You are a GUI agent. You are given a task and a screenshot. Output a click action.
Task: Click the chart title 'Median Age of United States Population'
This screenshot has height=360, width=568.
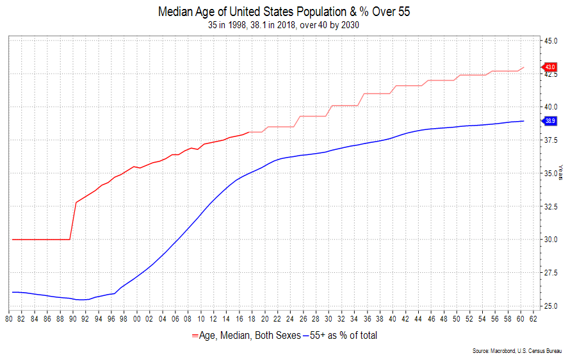point(284,12)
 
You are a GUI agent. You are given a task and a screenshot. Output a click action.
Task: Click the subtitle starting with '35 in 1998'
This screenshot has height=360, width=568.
point(284,25)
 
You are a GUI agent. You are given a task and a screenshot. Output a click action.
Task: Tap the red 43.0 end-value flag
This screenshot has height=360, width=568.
point(549,67)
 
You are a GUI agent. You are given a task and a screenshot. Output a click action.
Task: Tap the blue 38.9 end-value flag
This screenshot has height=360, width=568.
point(549,120)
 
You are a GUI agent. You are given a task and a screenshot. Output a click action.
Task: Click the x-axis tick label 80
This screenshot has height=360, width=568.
point(9,318)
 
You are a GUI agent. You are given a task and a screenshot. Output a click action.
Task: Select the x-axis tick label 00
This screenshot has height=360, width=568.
point(136,318)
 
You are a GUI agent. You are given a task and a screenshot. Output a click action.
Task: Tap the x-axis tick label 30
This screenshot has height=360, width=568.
point(328,318)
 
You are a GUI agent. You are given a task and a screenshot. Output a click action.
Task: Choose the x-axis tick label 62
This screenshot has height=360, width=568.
point(532,318)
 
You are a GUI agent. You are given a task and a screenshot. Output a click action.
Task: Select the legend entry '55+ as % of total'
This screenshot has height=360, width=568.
point(343,335)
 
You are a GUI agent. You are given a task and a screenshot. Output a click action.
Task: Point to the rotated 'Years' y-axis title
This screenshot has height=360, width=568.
point(562,173)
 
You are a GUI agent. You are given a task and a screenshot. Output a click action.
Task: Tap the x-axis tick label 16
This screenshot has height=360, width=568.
point(238,318)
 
